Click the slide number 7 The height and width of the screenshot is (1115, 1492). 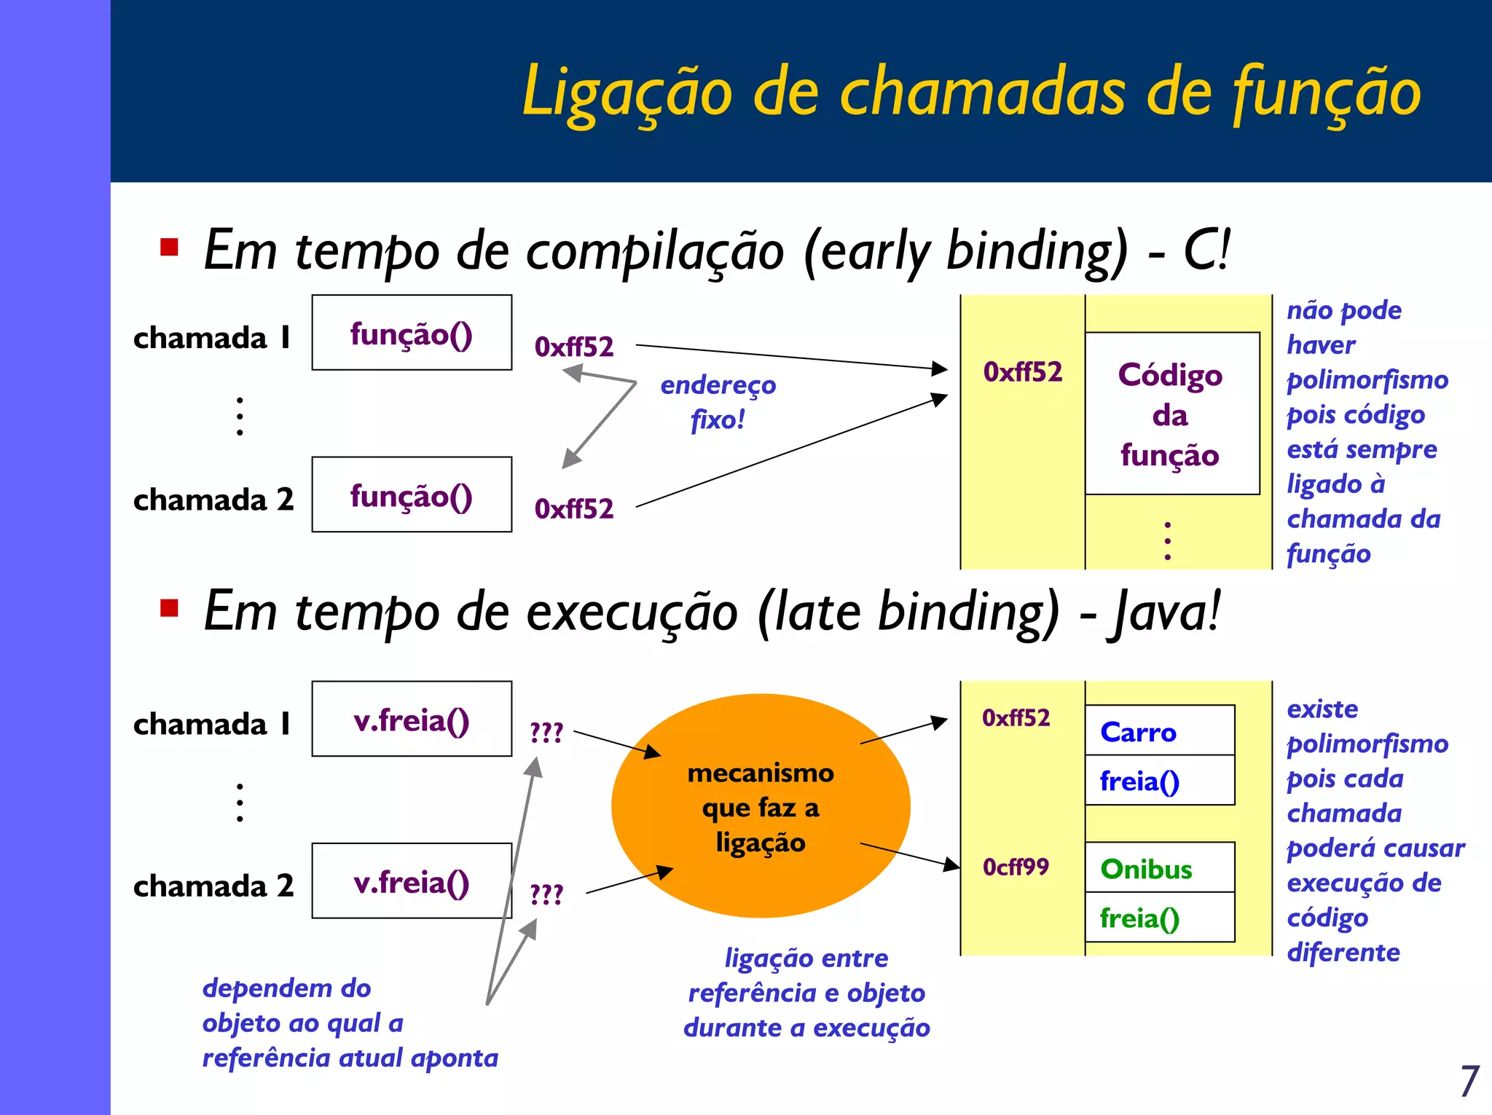coord(1469,1081)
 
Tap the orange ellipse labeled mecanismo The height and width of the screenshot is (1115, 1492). coord(761,806)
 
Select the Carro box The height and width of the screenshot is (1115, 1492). coord(1159,730)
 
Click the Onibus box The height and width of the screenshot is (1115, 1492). coord(1159,867)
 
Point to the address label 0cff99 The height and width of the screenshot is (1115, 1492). coord(1016,867)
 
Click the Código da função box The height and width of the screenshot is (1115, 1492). coord(1171,414)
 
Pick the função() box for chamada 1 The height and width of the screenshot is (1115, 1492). coord(412,333)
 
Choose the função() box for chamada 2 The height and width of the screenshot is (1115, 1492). coord(412,495)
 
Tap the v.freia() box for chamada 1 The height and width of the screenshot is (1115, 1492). coord(412,719)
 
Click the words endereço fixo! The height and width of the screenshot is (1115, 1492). coord(718,401)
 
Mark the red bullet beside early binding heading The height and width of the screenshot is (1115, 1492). coord(170,248)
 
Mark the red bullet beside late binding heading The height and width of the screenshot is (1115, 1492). coord(170,607)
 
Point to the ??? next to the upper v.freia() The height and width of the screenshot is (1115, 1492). coord(546,732)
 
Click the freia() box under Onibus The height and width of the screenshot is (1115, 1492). coord(1159,918)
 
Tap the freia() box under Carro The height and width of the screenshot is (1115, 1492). coord(1159,781)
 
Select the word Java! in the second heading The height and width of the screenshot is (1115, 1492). coord(1163,612)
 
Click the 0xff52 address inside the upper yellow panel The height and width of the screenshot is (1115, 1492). coord(1022,372)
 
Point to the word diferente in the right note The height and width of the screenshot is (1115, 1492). coord(1343,952)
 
